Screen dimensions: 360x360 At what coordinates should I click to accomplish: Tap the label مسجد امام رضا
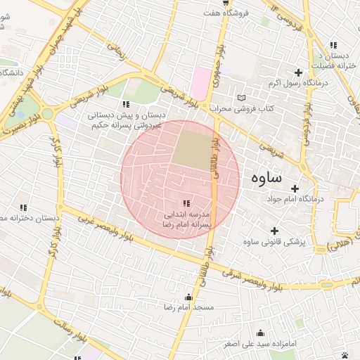coord(188,308)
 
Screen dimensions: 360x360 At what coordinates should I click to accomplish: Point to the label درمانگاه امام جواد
coord(295,200)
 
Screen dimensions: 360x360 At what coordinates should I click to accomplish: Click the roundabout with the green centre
coord(48,113)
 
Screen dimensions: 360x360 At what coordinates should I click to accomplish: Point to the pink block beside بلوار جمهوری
coord(202,83)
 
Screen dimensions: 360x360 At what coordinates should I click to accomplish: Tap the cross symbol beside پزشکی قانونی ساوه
coord(274,231)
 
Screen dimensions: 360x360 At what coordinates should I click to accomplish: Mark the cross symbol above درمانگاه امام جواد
coord(295,188)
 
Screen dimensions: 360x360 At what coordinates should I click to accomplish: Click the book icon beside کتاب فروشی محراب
coord(243,98)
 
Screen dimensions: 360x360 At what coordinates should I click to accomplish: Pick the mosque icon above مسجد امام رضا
coord(188,297)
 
